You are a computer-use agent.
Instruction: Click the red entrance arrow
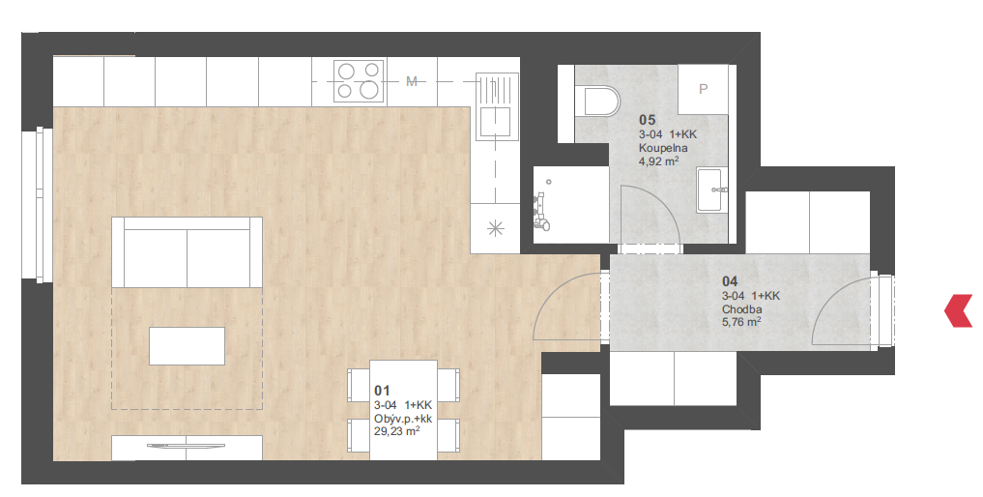pos(958,310)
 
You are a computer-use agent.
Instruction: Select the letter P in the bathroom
pos(703,89)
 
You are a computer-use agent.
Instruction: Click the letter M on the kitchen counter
pos(412,81)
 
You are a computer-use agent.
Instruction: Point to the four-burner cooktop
pos(359,81)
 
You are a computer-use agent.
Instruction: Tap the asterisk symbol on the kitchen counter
pos(495,229)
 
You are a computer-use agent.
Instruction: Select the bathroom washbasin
pos(712,190)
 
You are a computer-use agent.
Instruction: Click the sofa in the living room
pos(187,252)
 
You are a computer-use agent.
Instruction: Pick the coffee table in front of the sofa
pos(187,346)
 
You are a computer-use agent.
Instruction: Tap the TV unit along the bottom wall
pos(187,448)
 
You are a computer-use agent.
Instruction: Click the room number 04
pos(730,281)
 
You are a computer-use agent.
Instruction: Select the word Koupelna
pos(663,148)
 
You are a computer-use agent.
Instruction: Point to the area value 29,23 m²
pos(397,432)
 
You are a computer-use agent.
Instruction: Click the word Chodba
pos(742,309)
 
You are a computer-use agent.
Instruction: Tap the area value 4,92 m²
pos(659,161)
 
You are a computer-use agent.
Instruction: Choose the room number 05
pos(647,120)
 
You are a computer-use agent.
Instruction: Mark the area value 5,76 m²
pos(741,323)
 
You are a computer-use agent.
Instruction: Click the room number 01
pos(382,392)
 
